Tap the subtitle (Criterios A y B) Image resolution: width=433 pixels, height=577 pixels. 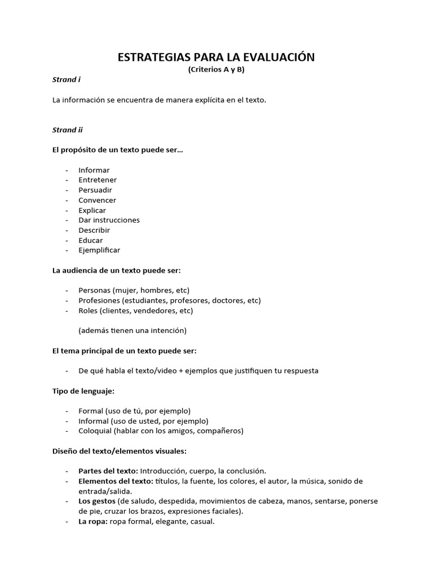click(216, 69)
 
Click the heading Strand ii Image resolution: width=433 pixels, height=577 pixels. click(68, 130)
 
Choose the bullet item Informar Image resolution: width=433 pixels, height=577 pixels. click(94, 170)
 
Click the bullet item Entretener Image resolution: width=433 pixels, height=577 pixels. click(98, 180)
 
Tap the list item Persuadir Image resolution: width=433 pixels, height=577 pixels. click(95, 190)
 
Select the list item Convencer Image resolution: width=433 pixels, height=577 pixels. click(98, 200)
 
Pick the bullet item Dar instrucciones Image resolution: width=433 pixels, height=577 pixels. click(109, 220)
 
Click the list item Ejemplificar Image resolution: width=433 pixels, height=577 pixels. click(99, 250)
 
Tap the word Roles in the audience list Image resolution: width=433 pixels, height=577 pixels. click(89, 310)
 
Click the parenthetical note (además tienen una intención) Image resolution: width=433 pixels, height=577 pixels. click(132, 330)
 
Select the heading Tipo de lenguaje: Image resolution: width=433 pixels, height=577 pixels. click(83, 390)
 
